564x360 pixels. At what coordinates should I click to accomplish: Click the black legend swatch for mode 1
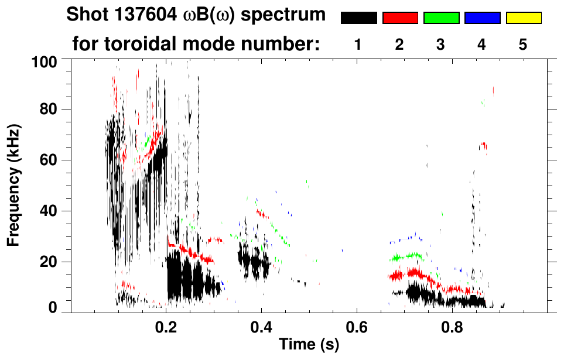tap(358, 18)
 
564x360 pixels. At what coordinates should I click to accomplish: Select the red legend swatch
tap(400, 18)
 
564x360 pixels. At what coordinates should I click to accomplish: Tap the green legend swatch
tap(441, 18)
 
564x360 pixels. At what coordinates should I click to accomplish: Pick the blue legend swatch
tap(482, 18)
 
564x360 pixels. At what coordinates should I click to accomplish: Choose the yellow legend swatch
tap(524, 18)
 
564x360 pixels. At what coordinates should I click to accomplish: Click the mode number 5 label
tap(524, 44)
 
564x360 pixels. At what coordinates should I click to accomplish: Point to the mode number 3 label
tap(441, 44)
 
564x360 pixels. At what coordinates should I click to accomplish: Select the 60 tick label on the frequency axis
tap(49, 160)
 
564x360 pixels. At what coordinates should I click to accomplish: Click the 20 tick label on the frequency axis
tap(49, 262)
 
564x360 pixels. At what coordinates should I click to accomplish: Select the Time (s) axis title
tap(308, 345)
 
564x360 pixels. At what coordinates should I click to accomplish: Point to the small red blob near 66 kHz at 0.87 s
tap(483, 146)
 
